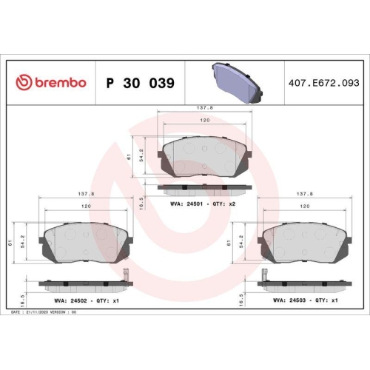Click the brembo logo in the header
tap(52, 83)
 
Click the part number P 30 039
tap(141, 83)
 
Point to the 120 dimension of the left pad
tap(86, 206)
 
